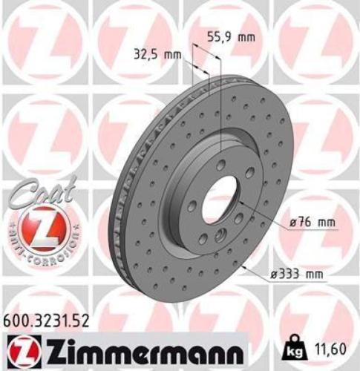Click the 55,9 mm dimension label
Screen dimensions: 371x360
(x=226, y=34)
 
